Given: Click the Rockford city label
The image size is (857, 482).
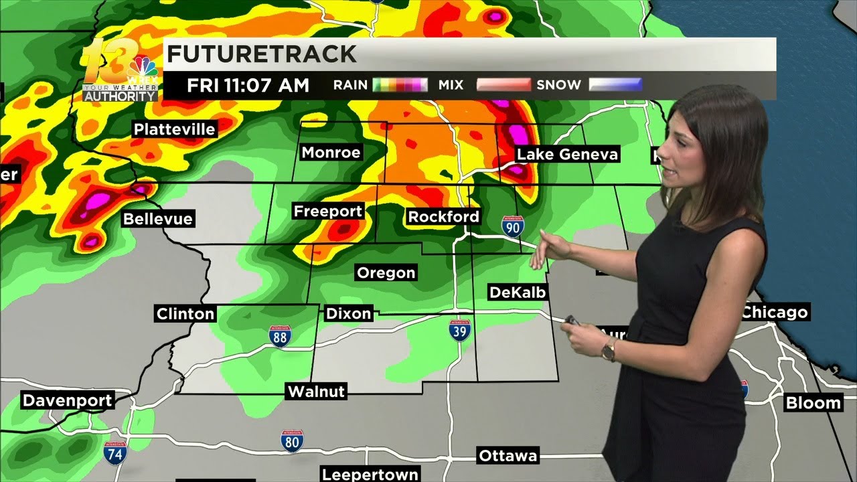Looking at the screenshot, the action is (x=443, y=216).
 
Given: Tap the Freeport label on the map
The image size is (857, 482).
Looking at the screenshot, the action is (x=327, y=212).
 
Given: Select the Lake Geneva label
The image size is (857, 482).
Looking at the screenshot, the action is (x=567, y=155).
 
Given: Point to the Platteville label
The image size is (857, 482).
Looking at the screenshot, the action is (x=174, y=129).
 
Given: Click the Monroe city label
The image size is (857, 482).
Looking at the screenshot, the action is (x=331, y=153).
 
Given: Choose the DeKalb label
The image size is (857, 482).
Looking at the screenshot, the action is (x=518, y=292).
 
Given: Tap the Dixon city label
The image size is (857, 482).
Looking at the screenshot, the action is (x=348, y=313).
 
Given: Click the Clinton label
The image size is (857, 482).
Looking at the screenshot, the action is (x=185, y=313).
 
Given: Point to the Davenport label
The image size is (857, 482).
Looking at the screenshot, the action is (x=67, y=401).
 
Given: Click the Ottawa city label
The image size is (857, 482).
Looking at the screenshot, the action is (x=508, y=456).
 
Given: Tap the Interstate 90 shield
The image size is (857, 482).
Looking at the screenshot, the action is (x=512, y=226).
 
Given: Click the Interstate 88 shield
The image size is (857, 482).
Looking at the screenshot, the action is (x=280, y=336).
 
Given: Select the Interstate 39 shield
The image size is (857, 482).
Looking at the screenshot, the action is (x=459, y=330).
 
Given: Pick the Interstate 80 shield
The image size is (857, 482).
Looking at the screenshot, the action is (x=292, y=440).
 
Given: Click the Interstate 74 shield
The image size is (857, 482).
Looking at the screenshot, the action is (x=115, y=453).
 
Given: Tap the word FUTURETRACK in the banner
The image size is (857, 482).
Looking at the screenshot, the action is (x=262, y=54).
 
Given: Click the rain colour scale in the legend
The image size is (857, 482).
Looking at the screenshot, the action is (x=400, y=85).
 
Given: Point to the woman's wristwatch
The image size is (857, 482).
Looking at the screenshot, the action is (x=609, y=349).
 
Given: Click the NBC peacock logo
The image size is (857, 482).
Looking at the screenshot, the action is (x=142, y=67).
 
